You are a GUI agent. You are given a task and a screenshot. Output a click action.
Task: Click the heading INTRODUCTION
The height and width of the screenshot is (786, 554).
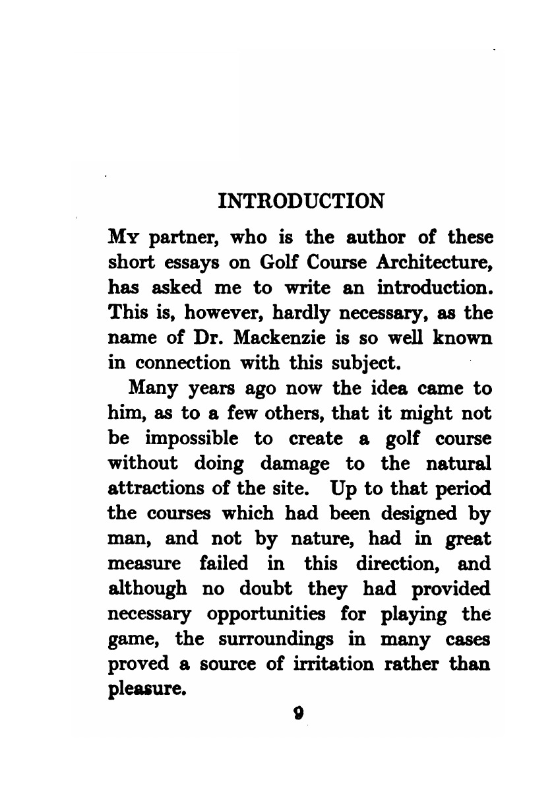coord(301,200)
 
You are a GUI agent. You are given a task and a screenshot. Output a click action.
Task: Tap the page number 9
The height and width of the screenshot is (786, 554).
coord(299,713)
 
